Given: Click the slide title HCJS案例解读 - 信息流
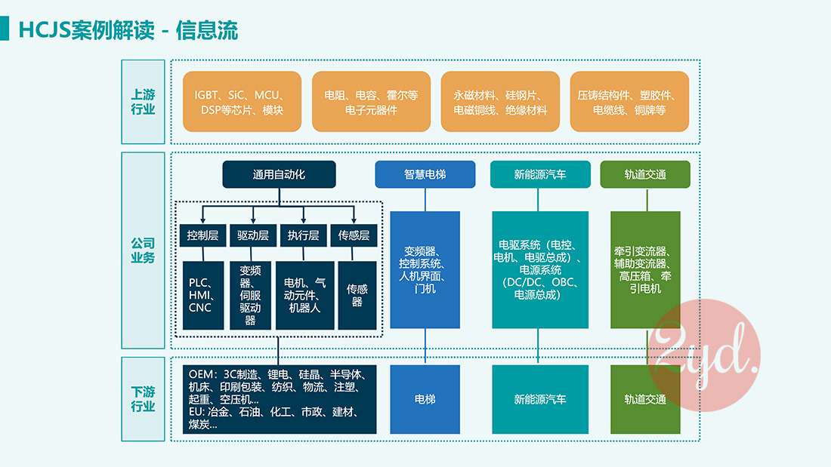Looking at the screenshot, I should click(x=128, y=30).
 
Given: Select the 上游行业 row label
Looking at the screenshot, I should click(x=143, y=102).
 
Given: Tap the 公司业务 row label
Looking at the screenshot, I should click(x=143, y=250).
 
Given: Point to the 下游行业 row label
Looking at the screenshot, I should click(x=143, y=399).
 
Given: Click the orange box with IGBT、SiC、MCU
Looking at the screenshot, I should click(x=242, y=103).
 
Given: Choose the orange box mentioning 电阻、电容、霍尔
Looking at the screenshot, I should click(x=371, y=103).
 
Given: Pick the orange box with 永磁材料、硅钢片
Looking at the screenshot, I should click(x=500, y=103).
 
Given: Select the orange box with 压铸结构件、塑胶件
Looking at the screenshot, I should click(x=629, y=103).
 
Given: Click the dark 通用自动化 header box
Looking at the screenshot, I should click(x=279, y=174).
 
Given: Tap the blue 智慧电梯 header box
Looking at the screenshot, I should click(x=425, y=174).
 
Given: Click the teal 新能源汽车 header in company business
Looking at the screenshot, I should click(x=540, y=174).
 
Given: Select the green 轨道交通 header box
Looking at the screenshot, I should click(x=645, y=174).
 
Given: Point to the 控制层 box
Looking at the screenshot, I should click(x=202, y=235).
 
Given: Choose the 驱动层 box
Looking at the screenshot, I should click(x=253, y=235).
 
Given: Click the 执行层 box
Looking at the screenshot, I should click(x=304, y=235).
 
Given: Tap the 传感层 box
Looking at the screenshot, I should click(x=354, y=235).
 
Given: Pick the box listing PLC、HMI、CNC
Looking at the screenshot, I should click(x=201, y=295).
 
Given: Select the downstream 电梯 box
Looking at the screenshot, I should click(x=425, y=399).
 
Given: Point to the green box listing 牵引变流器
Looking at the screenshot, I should click(x=645, y=269).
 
